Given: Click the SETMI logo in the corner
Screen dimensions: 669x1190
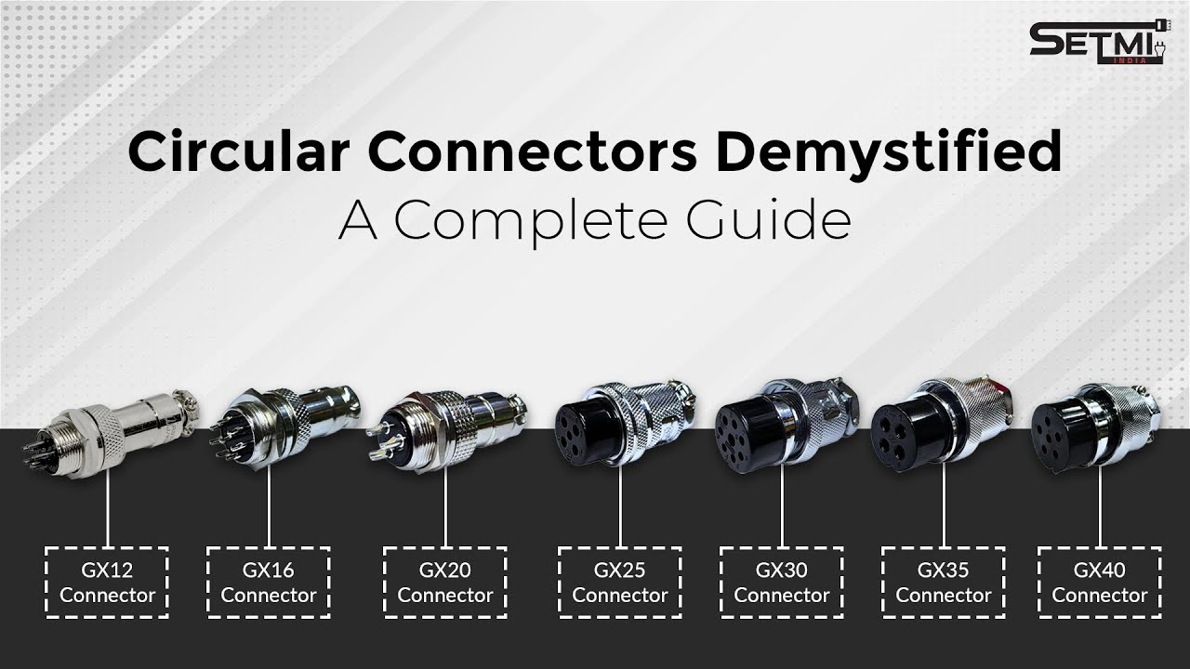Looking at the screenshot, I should click(1097, 44).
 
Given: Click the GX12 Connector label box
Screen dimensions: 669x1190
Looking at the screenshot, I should click(107, 583).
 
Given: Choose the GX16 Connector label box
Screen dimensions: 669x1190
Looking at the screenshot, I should click(268, 583).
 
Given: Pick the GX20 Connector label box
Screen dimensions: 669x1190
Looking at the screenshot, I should click(444, 583).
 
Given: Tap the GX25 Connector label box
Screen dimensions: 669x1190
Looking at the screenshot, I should click(619, 583).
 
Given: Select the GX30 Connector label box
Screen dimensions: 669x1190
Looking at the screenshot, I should click(781, 583).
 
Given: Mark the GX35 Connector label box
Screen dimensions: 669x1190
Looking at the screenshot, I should click(943, 583).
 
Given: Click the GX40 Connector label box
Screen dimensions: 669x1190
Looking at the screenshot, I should click(1099, 583).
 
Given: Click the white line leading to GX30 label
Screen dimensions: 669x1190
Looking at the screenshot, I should click(781, 506).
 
